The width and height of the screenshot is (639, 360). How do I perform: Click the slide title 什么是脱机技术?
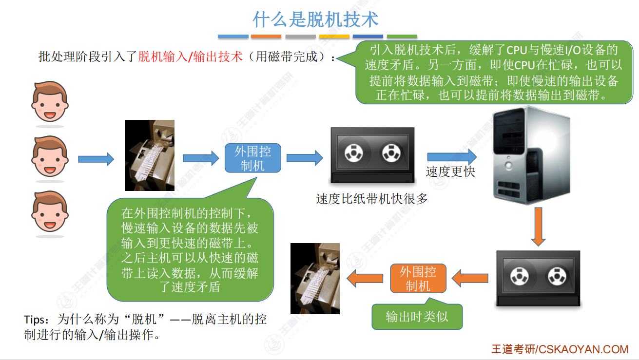pyautogui.click(x=315, y=19)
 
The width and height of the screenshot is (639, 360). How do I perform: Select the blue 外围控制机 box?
pyautogui.click(x=253, y=158)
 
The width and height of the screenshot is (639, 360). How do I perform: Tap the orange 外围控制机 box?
pyautogui.click(x=418, y=278)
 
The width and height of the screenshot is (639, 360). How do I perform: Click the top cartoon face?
pyautogui.click(x=50, y=102)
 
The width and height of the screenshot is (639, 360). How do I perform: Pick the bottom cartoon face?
pyautogui.click(x=50, y=211)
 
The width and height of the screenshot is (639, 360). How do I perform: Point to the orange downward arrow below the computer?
pyautogui.click(x=538, y=227)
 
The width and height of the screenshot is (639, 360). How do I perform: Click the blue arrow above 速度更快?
pyautogui.click(x=452, y=157)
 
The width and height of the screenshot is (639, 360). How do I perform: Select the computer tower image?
pyautogui.click(x=531, y=155)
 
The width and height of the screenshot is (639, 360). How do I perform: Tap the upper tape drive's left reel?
pyautogui.click(x=354, y=153)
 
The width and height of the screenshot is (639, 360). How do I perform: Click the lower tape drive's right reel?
pyautogui.click(x=557, y=276)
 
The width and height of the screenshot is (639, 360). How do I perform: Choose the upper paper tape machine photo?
pyautogui.click(x=150, y=155)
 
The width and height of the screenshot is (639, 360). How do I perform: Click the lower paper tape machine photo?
pyautogui.click(x=315, y=279)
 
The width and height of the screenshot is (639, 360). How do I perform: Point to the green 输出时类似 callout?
pyautogui.click(x=417, y=316)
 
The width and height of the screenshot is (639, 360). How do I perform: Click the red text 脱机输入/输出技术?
pyautogui.click(x=190, y=57)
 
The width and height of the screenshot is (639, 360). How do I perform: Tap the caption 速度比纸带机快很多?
pyautogui.click(x=372, y=199)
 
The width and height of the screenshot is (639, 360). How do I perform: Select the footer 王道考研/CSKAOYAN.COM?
pyautogui.click(x=560, y=349)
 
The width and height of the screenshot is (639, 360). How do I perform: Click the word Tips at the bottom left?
pyautogui.click(x=34, y=320)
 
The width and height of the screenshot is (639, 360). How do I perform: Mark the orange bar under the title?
pyautogui.click(x=266, y=37)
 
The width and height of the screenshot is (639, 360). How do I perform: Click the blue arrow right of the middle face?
pyautogui.click(x=96, y=159)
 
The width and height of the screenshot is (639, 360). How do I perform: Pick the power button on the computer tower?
pyautogui.click(x=508, y=165)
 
